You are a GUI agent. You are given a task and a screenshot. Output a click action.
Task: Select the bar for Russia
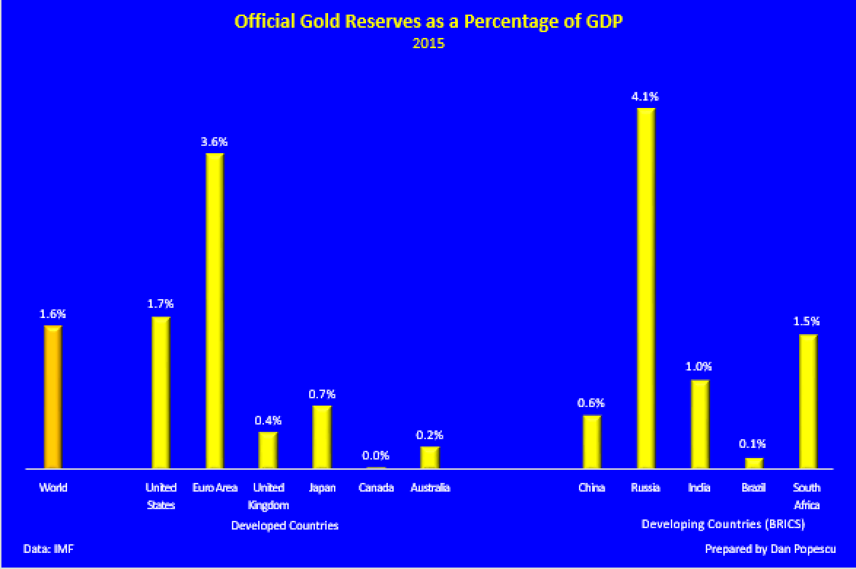pyautogui.click(x=646, y=287)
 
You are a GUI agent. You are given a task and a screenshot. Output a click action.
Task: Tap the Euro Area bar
pyautogui.click(x=214, y=310)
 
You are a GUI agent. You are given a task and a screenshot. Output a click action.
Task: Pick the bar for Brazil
pyautogui.click(x=754, y=462)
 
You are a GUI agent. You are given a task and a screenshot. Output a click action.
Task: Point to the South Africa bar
pyautogui.click(x=808, y=400)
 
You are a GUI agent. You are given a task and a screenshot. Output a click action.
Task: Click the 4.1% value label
pyautogui.click(x=646, y=96)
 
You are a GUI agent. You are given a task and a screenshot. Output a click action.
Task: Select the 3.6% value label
pyautogui.click(x=214, y=141)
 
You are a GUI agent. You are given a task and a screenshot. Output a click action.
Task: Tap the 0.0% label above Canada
pyautogui.click(x=376, y=456)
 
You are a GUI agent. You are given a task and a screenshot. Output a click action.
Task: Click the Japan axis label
pyautogui.click(x=322, y=488)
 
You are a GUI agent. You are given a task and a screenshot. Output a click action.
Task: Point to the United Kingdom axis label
pyautogui.click(x=268, y=496)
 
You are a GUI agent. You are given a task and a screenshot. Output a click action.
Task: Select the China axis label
pyautogui.click(x=591, y=488)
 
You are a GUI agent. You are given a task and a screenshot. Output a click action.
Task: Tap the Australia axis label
pyautogui.click(x=429, y=488)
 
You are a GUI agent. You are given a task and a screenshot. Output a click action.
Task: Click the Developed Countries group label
pyautogui.click(x=284, y=525)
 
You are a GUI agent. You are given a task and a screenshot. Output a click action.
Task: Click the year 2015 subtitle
pyautogui.click(x=428, y=44)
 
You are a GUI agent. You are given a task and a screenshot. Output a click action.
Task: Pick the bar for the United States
pyautogui.click(x=160, y=392)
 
